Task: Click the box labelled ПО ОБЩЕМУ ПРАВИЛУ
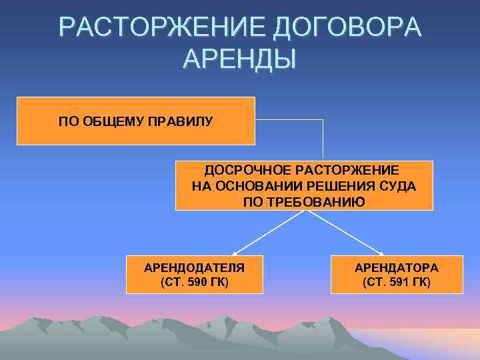[135, 121]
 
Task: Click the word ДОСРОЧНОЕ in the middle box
[242, 171]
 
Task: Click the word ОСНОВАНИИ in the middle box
[258, 186]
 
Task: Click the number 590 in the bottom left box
[197, 282]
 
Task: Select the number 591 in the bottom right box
[399, 282]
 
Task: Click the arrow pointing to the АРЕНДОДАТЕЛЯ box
[267, 233]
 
